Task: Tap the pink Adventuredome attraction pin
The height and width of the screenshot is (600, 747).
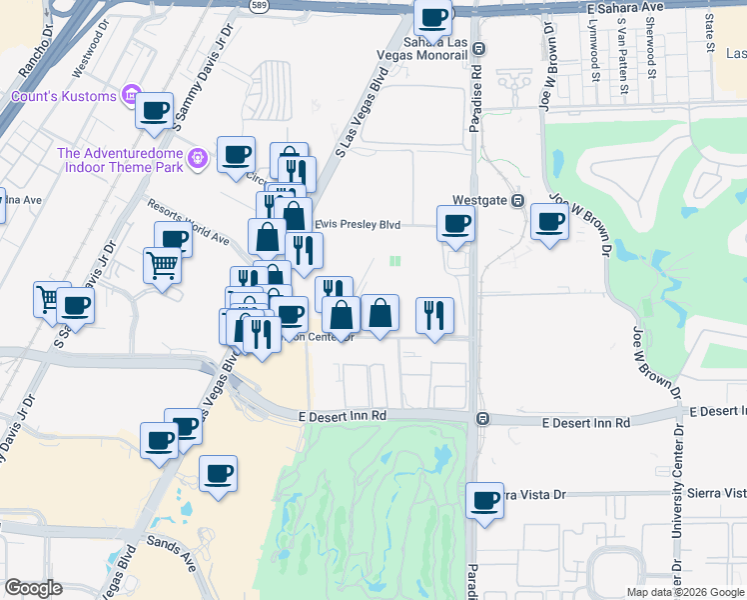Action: [x=199, y=158]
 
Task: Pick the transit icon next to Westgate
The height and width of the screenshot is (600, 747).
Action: [x=518, y=200]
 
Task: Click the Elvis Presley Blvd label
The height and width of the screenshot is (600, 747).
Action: [x=358, y=225]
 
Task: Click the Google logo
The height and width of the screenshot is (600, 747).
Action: [x=33, y=589]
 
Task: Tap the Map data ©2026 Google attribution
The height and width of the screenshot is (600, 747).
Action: [x=686, y=591]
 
